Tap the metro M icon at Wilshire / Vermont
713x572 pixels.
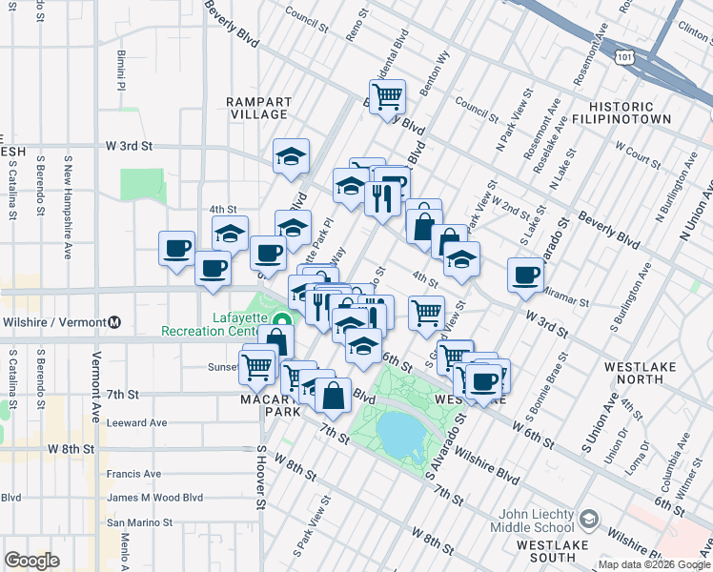tap(114, 322)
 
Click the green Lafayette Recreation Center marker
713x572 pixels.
tap(281, 320)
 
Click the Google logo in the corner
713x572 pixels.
tap(31, 561)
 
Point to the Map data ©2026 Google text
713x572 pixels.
tap(654, 564)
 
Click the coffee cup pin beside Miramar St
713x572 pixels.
tap(525, 275)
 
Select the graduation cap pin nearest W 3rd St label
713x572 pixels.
tap(292, 155)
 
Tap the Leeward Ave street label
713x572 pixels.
tap(136, 422)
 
